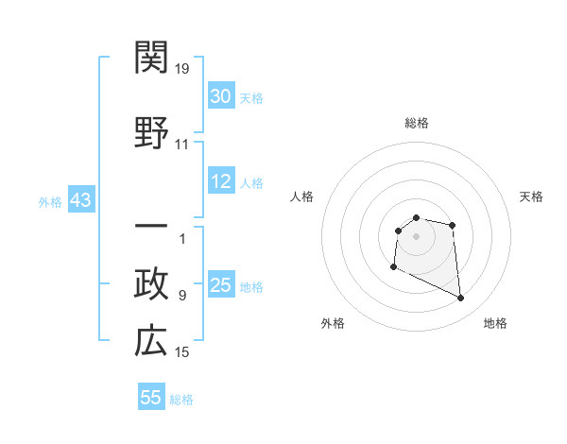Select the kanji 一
[151, 229]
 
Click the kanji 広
[151, 342]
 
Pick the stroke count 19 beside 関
[183, 69]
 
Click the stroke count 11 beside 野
[182, 145]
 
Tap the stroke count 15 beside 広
[182, 352]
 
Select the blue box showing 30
[221, 96]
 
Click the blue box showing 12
[221, 181]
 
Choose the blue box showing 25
[221, 285]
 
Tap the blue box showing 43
[80, 200]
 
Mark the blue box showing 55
[151, 398]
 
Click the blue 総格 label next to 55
[181, 400]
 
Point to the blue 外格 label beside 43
[50, 201]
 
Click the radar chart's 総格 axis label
[417, 123]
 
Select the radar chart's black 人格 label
[302, 196]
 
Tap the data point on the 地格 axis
[461, 299]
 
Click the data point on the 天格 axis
[453, 225]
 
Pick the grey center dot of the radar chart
[417, 236]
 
